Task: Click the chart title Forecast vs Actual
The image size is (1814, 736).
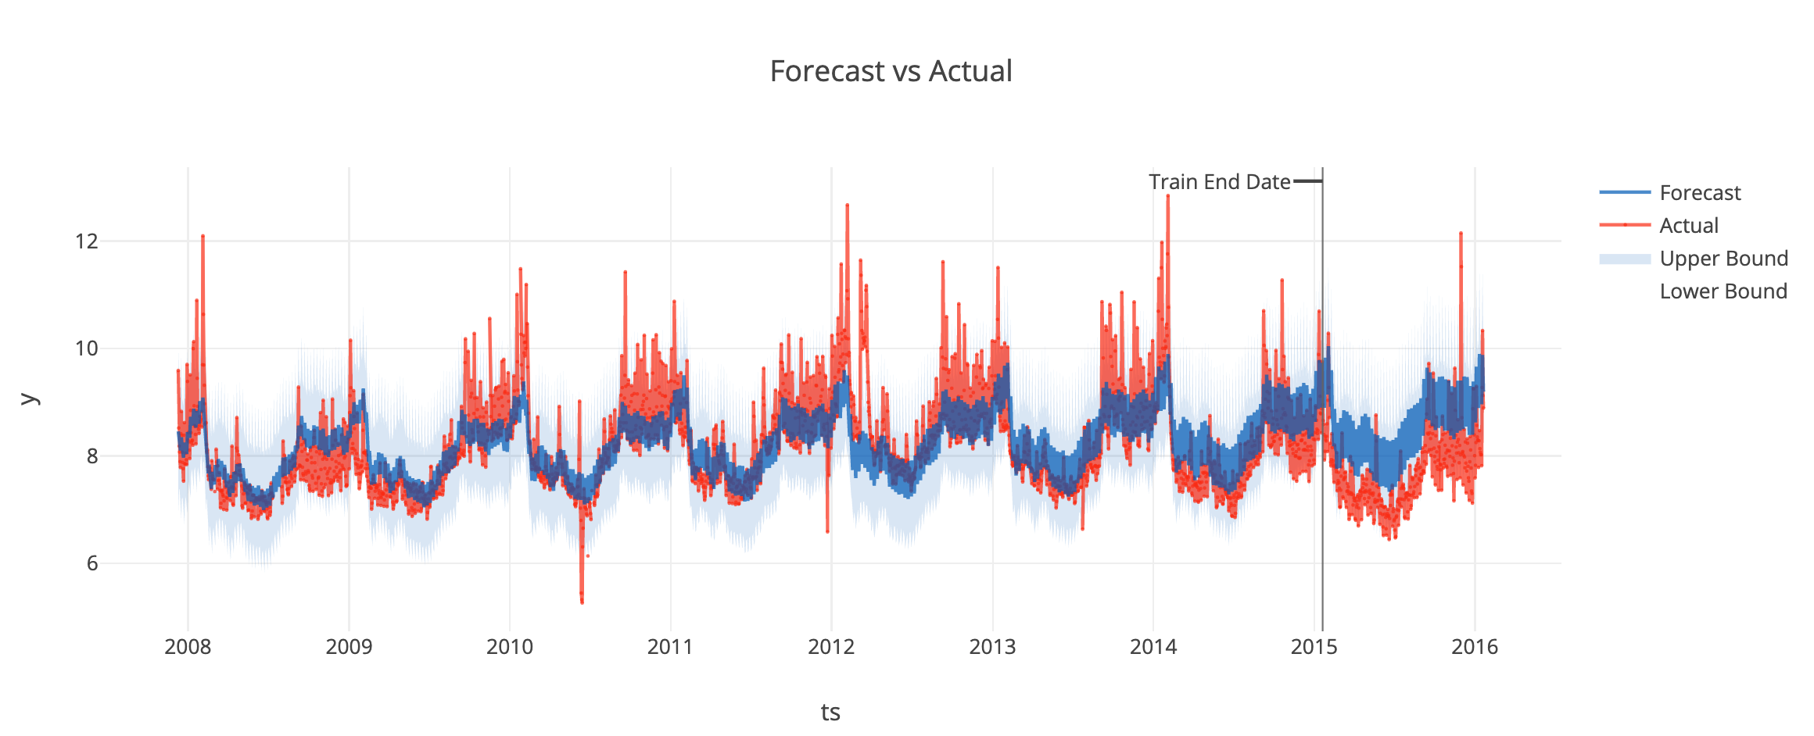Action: tap(891, 71)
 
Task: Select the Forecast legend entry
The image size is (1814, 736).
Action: tap(1700, 193)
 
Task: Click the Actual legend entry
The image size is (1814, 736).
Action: tap(1689, 226)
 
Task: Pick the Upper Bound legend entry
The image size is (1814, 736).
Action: tap(1723, 259)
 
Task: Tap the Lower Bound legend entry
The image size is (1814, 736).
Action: tap(1723, 291)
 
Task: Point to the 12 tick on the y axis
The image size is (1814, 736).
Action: tap(87, 241)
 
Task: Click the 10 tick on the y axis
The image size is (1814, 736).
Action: tap(87, 348)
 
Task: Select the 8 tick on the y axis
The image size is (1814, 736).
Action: tap(92, 456)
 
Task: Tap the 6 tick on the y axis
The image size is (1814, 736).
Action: tap(92, 563)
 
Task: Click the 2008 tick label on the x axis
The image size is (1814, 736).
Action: tap(188, 647)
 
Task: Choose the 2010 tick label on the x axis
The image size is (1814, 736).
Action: tap(510, 647)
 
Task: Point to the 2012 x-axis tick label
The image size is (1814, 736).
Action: tap(831, 647)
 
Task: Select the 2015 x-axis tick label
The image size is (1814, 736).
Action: tap(1314, 647)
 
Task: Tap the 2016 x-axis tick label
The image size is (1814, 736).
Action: tap(1475, 647)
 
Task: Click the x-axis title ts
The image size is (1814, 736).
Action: tap(830, 713)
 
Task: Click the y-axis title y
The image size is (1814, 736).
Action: tap(29, 398)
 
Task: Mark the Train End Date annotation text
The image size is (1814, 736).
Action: tap(1219, 182)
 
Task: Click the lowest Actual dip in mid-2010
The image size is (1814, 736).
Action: tap(582, 602)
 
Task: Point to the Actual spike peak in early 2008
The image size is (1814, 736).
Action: tap(203, 235)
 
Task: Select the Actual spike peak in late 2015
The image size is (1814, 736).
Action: tap(1460, 233)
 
